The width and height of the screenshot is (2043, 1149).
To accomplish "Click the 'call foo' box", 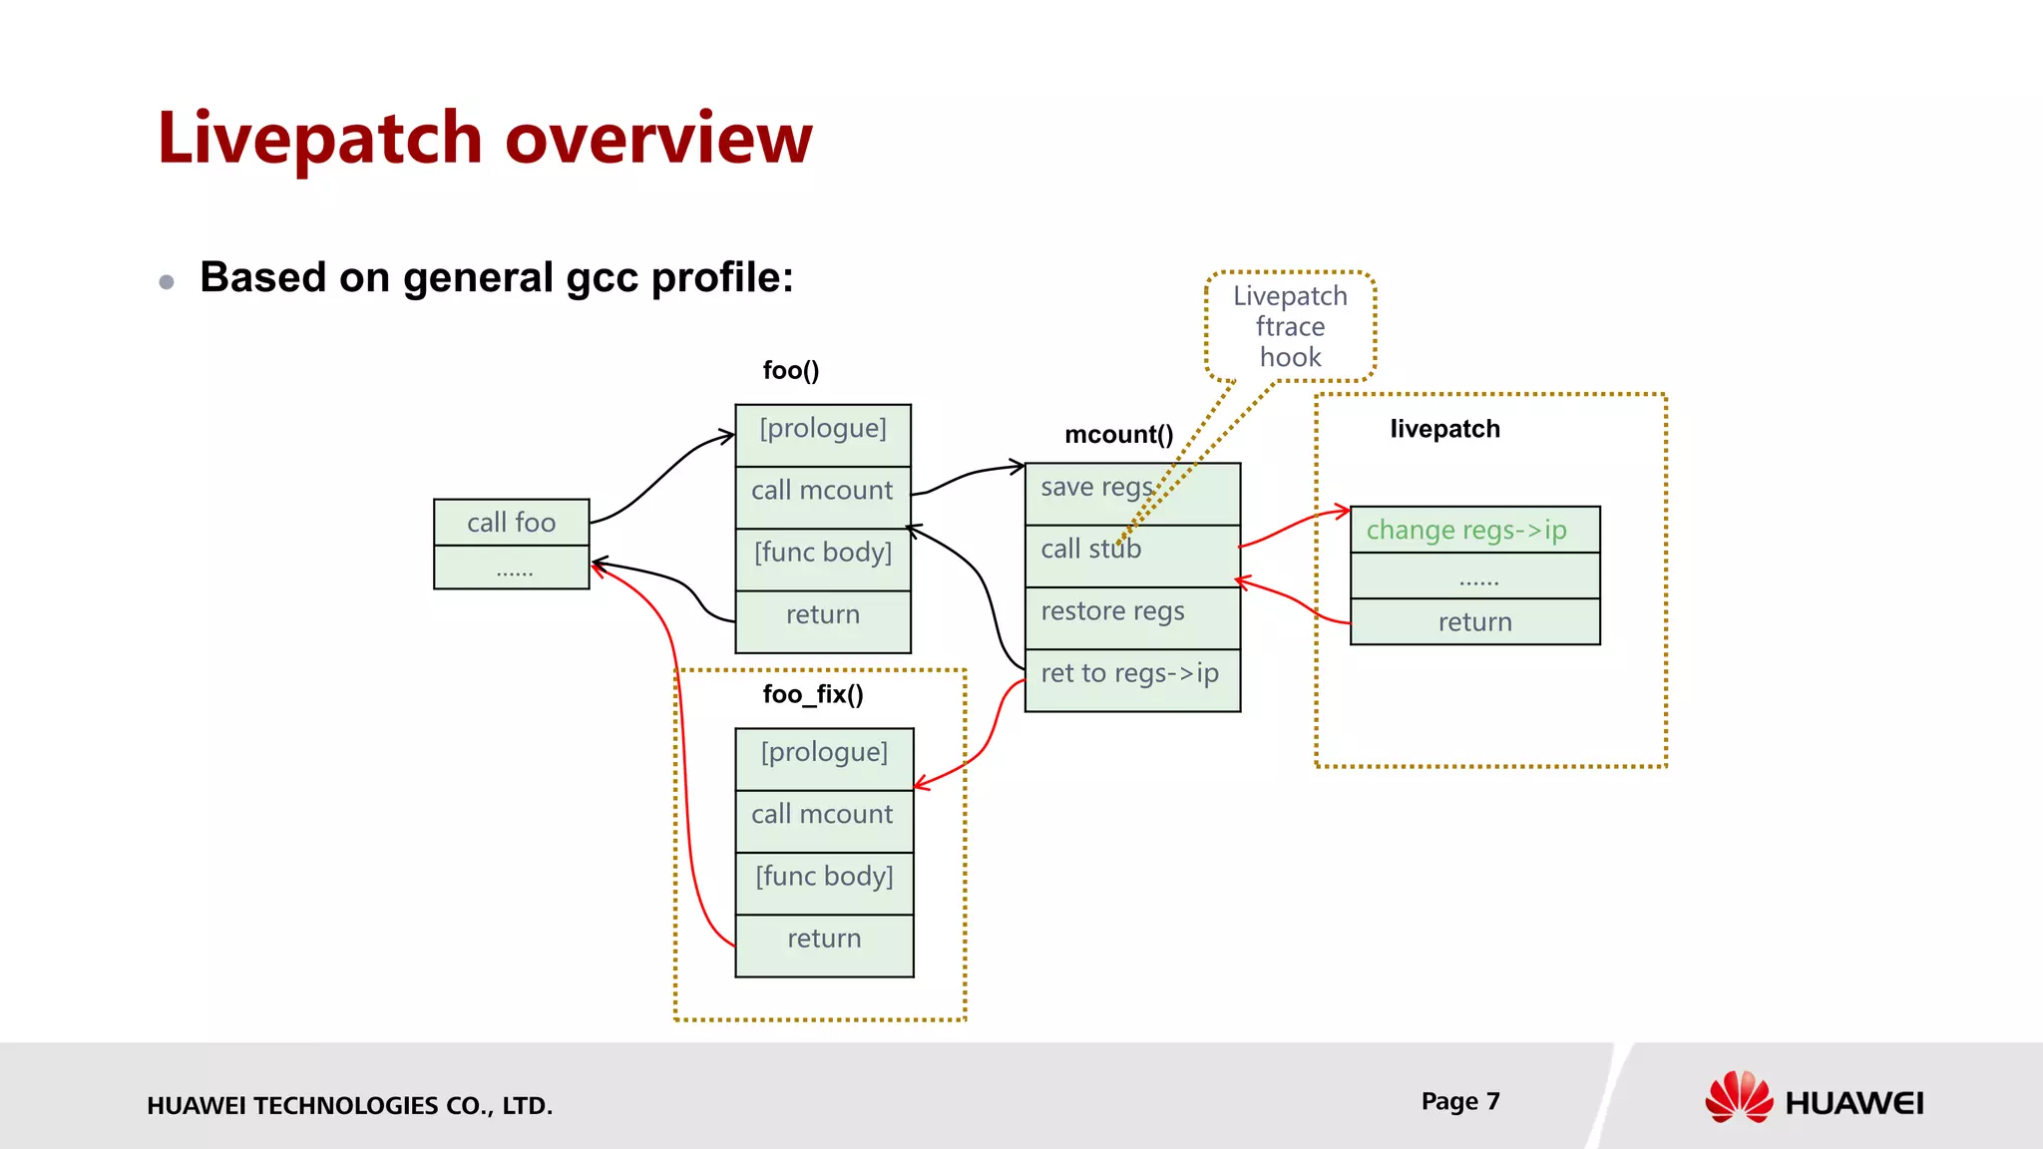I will [x=511, y=522].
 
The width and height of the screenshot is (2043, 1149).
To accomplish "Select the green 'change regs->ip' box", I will [x=1474, y=530].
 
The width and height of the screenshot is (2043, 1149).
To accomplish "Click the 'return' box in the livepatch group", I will [x=1474, y=621].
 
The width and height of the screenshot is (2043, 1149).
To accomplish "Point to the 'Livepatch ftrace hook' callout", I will [x=1290, y=326].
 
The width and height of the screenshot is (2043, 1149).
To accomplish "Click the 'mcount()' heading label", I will [x=1118, y=434].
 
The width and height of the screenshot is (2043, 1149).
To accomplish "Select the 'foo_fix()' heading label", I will [x=813, y=694].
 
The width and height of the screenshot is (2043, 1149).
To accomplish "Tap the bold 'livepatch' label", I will [x=1444, y=429].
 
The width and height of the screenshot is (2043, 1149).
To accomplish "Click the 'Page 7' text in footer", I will [x=1459, y=1101].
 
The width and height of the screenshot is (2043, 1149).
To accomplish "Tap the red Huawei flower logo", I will [x=1739, y=1097].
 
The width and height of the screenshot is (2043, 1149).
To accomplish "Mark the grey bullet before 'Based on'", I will [x=167, y=282].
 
